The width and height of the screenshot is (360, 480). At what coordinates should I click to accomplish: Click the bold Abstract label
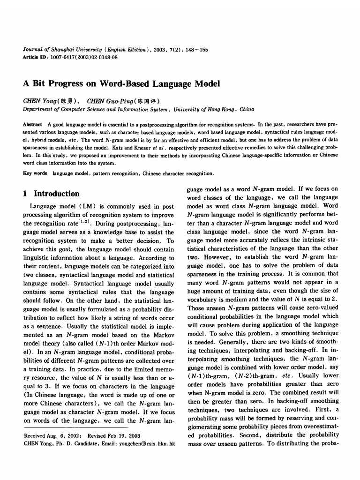[x=32, y=124]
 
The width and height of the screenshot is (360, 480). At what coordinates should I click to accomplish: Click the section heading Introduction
[x=57, y=194]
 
